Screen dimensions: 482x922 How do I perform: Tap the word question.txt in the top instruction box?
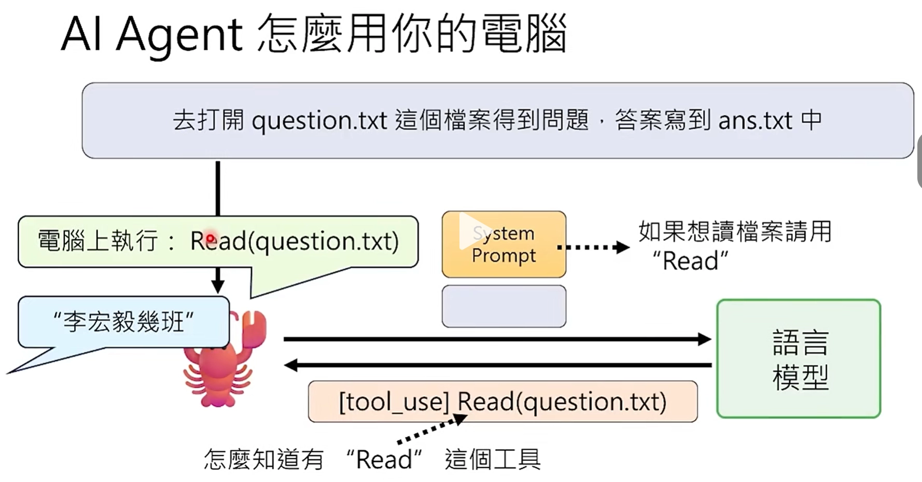point(319,121)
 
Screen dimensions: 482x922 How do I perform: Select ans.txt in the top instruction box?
point(755,121)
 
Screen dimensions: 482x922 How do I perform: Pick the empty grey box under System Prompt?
point(504,306)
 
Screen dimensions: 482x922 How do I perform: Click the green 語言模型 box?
point(799,359)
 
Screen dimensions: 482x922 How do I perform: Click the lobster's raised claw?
point(253,327)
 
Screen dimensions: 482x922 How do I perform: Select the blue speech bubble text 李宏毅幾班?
point(123,322)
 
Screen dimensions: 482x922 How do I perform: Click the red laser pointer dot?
point(210,239)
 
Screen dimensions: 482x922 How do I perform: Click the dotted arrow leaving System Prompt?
point(593,247)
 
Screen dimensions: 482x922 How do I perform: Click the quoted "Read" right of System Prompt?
point(690,261)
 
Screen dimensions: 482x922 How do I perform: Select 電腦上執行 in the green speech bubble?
point(97,241)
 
